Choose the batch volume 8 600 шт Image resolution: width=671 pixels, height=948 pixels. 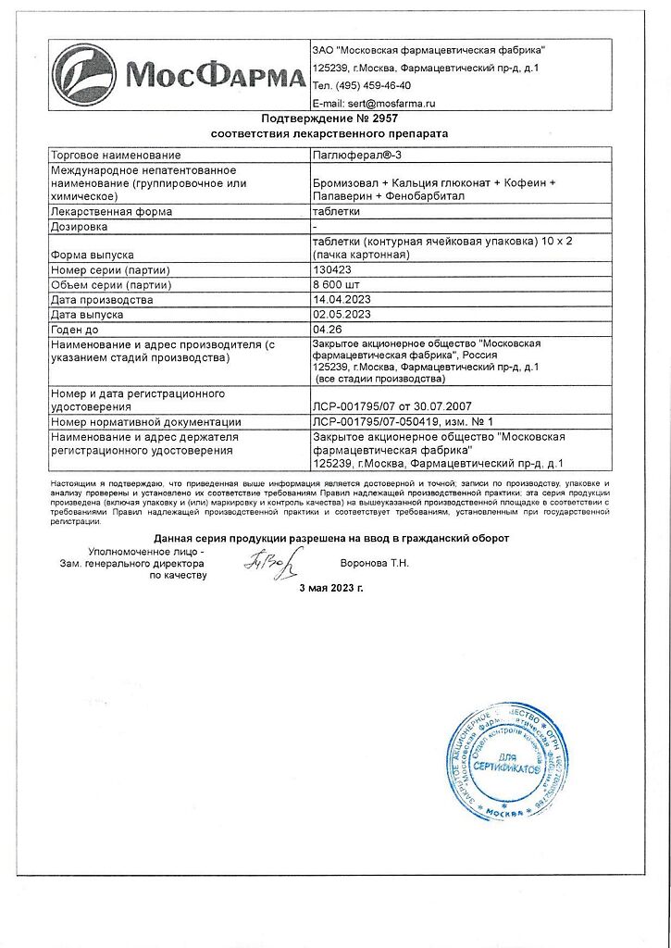[339, 284]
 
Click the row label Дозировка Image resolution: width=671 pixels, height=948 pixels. [80, 226]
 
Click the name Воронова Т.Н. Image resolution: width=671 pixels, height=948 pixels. [375, 562]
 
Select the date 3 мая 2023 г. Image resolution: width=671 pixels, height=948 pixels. [330, 589]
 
